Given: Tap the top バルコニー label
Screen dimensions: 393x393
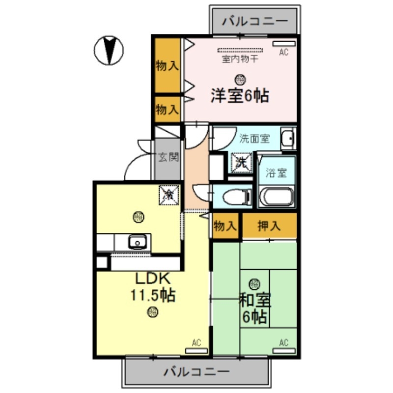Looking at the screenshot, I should (x=254, y=21).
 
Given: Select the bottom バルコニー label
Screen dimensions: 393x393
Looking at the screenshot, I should (x=196, y=371).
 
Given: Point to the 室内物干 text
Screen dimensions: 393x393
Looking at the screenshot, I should (x=240, y=59).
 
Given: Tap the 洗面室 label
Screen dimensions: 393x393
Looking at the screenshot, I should (x=254, y=139).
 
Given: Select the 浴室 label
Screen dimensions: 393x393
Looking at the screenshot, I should (x=276, y=173).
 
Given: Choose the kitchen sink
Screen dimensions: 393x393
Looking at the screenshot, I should (x=137, y=241).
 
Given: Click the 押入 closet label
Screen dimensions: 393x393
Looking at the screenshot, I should (x=269, y=226).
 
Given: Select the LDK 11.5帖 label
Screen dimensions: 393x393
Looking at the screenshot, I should (x=153, y=287).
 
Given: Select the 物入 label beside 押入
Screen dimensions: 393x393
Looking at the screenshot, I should (x=225, y=226).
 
